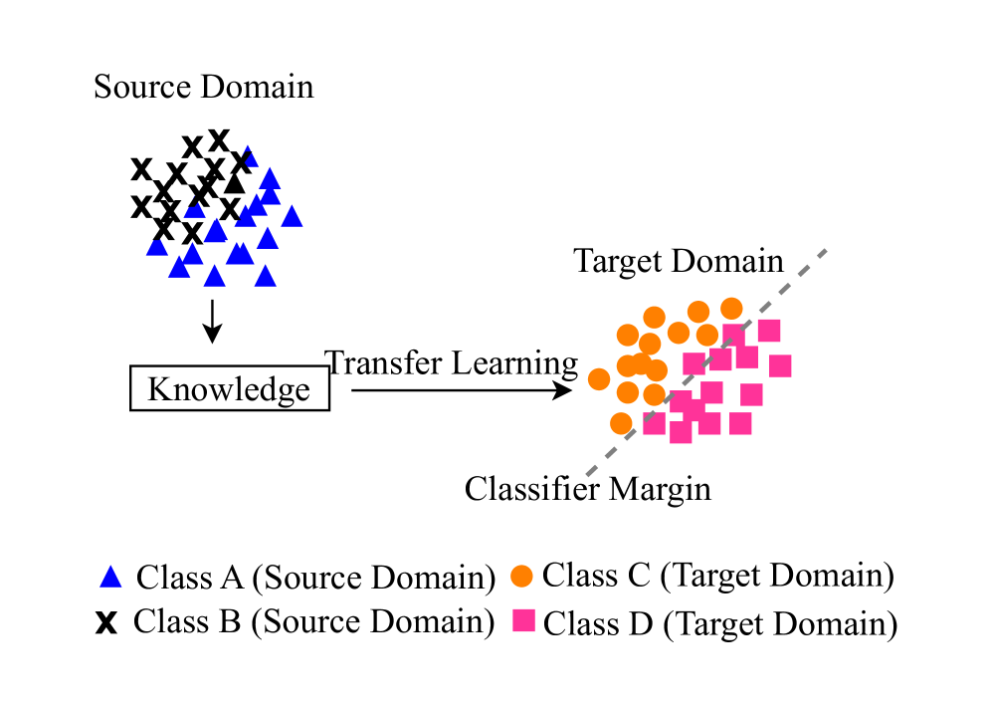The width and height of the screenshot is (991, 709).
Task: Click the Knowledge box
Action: pos(229,388)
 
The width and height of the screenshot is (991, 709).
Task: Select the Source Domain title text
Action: pos(204,87)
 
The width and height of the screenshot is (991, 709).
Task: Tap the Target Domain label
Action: pos(679,262)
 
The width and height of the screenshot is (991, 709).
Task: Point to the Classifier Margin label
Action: pos(588,489)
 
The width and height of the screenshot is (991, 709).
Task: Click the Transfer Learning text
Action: pos(452,362)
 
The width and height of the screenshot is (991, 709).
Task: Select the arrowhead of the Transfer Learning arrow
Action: pos(565,390)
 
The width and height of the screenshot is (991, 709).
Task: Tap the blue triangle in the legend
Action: pos(111,576)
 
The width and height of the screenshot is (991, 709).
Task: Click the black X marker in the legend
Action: pos(106,623)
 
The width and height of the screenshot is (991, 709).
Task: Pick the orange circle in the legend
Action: pos(521,576)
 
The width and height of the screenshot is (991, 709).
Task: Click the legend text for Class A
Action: pos(315,577)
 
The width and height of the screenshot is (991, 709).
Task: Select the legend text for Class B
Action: pos(314,622)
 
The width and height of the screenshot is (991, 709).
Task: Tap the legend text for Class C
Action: pos(717,575)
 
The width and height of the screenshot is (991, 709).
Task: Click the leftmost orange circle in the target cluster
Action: pos(599,378)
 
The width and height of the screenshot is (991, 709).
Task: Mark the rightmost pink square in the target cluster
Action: pos(780,365)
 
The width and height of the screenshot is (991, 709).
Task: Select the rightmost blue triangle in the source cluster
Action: pos(292,216)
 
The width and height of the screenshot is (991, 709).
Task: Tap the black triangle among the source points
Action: pos(235,183)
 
